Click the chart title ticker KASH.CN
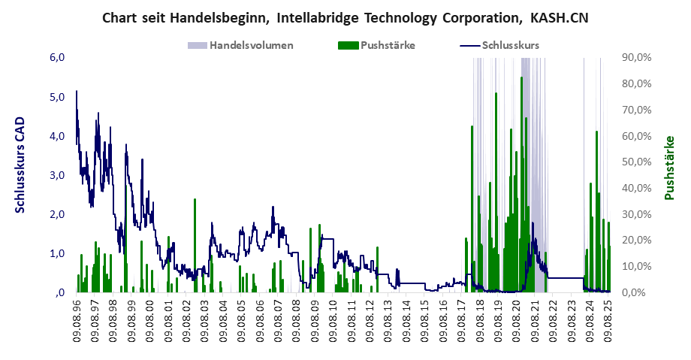point(556,16)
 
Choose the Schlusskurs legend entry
point(511,45)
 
